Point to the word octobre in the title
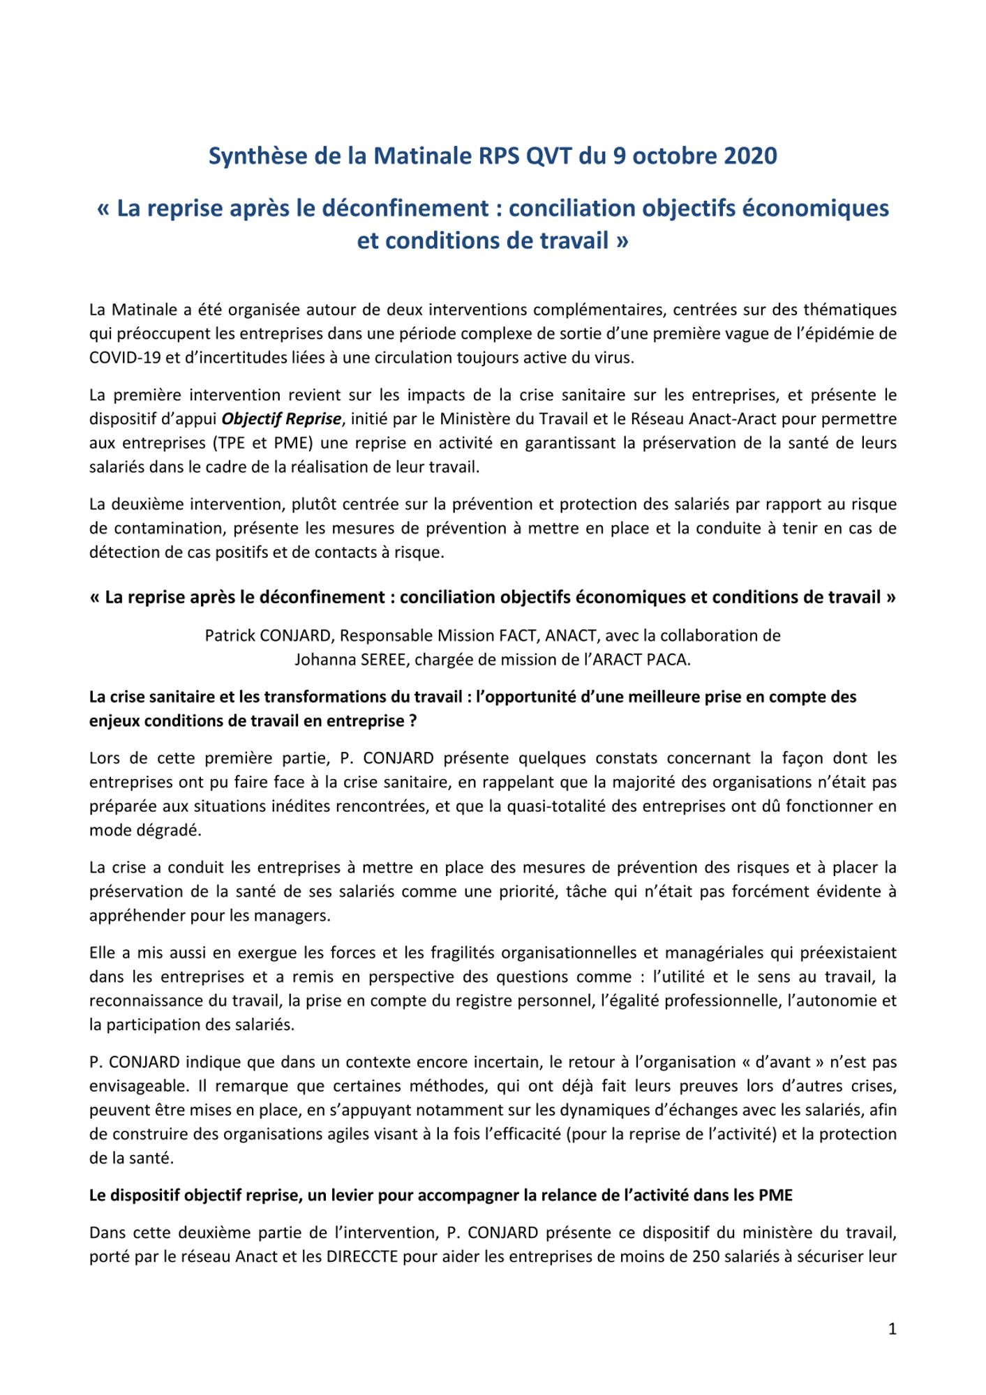pos(674,156)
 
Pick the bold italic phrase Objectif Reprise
pos(281,419)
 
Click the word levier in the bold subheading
pos(354,1195)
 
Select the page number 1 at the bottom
pos(892,1329)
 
